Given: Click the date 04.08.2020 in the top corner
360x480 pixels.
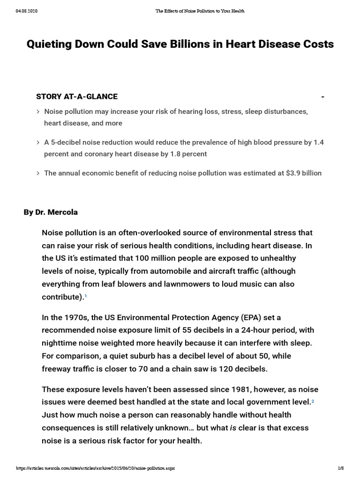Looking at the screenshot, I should pos(26,11).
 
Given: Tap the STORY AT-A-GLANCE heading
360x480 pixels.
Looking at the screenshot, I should pos(77,97).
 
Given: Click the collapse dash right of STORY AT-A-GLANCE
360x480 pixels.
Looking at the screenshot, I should pos(322,97).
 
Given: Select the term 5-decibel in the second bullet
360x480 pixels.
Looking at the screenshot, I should pos(67,142).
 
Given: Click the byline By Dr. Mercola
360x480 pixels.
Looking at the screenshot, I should pos(51,212).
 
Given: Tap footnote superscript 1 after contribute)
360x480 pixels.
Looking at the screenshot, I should pos(86,296).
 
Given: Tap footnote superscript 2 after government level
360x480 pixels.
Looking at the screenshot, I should pos(313,401).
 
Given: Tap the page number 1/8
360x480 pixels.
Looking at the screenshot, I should pos(341,469).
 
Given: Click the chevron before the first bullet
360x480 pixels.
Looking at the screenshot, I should pos(38,112).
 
